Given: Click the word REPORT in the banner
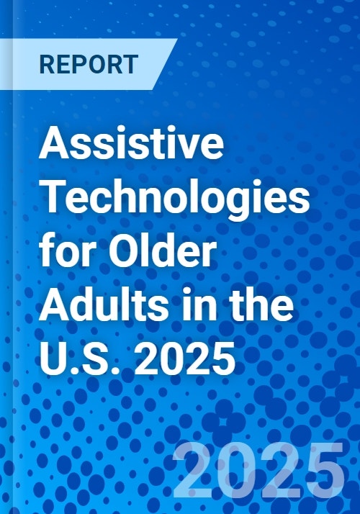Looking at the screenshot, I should (x=89, y=64).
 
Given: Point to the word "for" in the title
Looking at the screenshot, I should (x=63, y=254).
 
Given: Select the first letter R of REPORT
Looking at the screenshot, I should (x=47, y=64).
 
